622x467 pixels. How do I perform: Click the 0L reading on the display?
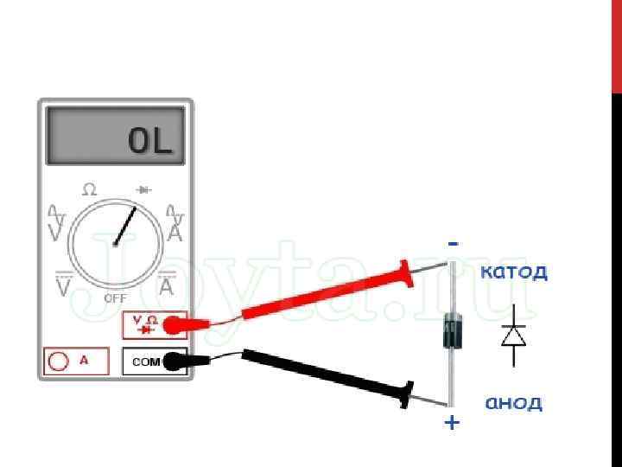(151, 141)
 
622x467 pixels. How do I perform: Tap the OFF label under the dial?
(116, 297)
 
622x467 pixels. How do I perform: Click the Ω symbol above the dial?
(89, 189)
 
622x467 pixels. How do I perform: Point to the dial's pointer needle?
(126, 225)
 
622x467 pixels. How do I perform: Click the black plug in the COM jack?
(175, 361)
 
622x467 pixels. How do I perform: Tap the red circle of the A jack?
(60, 361)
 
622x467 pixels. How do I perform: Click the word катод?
(513, 272)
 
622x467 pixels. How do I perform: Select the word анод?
(513, 403)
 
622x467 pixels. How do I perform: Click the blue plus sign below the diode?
(452, 424)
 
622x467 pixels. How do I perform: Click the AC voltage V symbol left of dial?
(57, 224)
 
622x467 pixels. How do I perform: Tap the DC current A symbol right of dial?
(167, 284)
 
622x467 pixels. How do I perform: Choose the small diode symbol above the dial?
(143, 189)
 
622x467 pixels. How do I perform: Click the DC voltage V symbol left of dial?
(62, 285)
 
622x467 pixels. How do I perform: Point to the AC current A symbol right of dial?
(175, 224)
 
